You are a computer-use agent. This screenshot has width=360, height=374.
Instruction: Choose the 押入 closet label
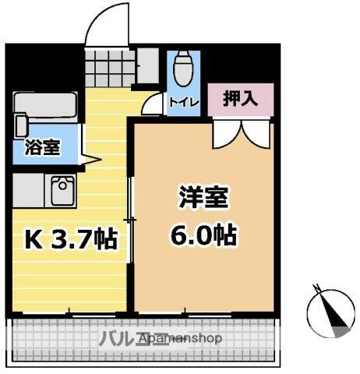[240, 99]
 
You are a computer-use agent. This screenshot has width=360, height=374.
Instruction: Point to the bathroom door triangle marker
[89, 161]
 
